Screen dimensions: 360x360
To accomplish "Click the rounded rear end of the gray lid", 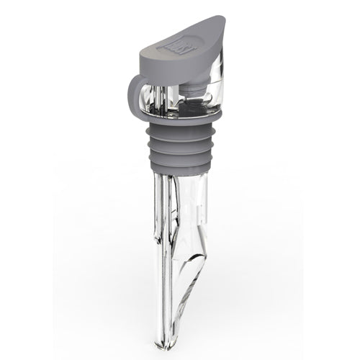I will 143,53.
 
